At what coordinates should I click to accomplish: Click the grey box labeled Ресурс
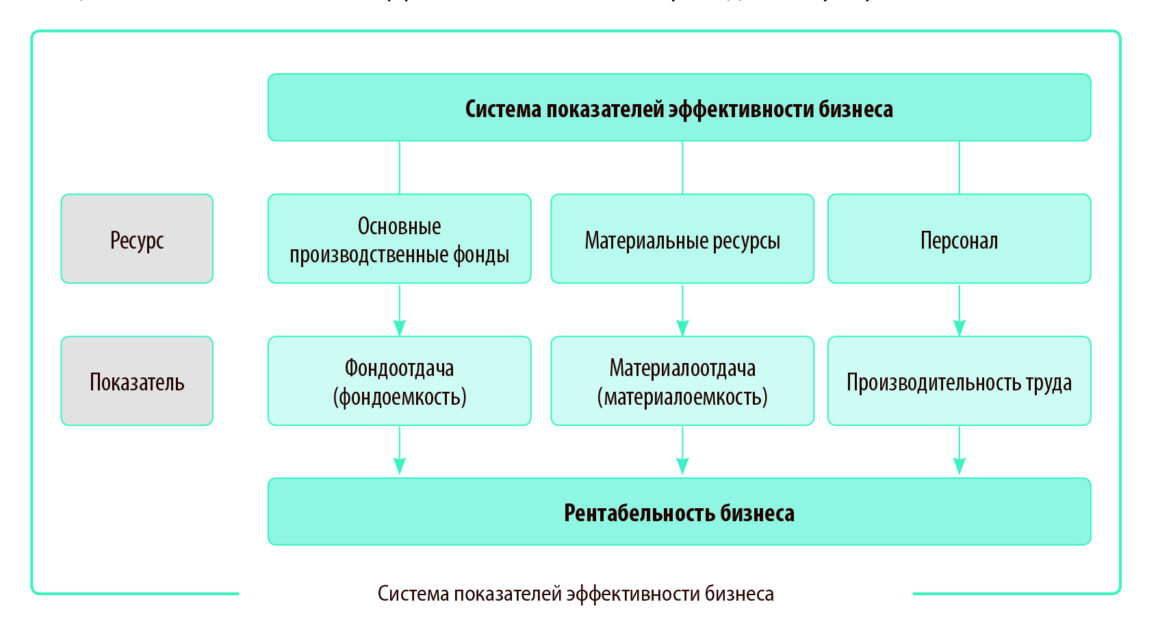tap(137, 238)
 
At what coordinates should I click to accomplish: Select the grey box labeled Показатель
tap(137, 381)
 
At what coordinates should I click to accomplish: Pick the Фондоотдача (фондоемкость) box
tap(399, 381)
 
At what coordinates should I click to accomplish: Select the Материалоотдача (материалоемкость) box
tap(682, 381)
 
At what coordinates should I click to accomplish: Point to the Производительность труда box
tap(959, 381)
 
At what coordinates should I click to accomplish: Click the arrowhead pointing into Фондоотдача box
tap(400, 327)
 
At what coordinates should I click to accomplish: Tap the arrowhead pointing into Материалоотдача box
tap(682, 327)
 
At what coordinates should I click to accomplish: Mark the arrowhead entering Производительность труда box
tap(960, 327)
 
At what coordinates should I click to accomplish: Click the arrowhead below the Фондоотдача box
tap(400, 466)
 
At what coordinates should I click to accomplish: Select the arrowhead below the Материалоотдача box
tap(682, 466)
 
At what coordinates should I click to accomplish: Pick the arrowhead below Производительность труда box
tap(960, 466)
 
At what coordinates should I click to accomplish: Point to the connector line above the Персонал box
tap(960, 168)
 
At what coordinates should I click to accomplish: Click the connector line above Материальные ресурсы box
tap(682, 168)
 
